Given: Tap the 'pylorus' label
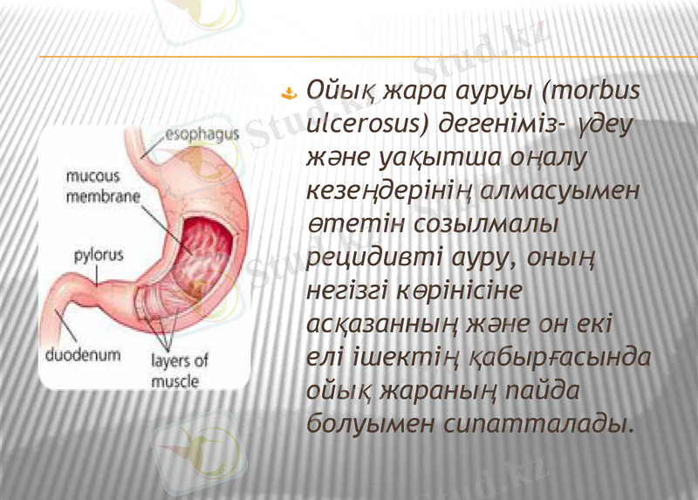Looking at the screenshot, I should (99, 256).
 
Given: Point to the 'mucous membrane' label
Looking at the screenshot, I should (103, 187).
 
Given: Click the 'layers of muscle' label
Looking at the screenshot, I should (180, 370).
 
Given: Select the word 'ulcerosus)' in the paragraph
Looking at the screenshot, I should (367, 125).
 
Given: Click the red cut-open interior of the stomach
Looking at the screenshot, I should (205, 245).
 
